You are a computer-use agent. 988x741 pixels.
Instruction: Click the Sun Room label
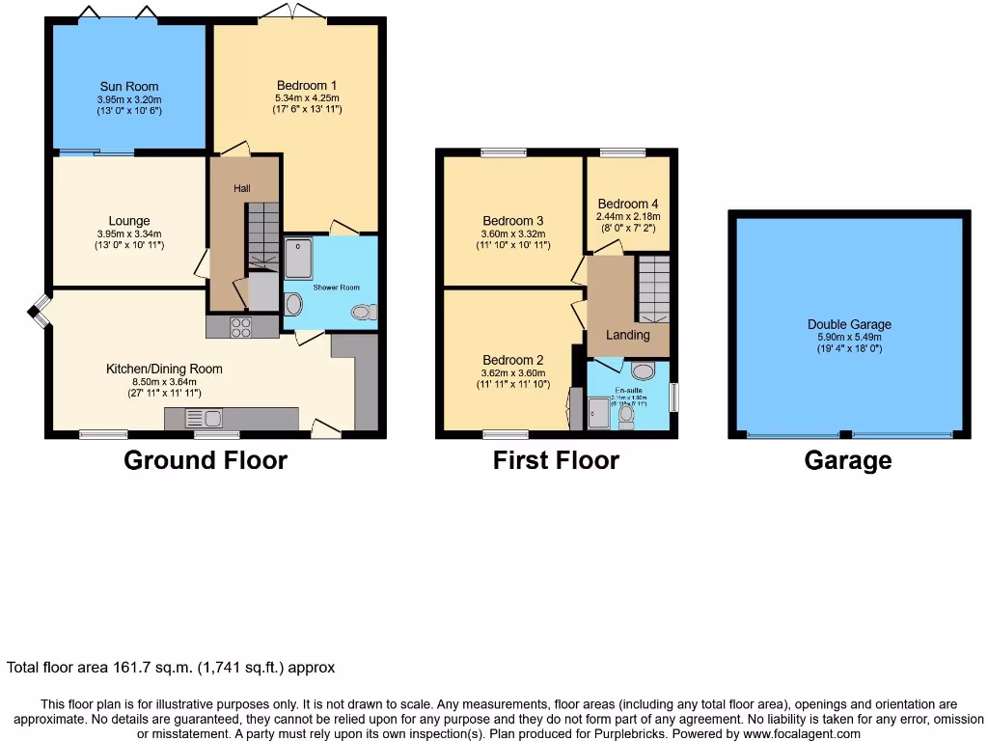128,87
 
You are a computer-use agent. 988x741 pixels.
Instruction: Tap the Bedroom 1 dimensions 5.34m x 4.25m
307,97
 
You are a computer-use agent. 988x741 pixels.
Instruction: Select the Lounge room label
128,221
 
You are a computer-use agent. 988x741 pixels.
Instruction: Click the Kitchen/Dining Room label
164,369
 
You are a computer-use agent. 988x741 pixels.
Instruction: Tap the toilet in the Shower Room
364,312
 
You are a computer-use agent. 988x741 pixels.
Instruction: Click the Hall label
241,188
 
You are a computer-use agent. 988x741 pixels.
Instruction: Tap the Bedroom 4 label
628,204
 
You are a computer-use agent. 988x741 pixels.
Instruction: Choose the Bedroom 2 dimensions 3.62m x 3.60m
513,373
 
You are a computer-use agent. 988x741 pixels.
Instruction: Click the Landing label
627,335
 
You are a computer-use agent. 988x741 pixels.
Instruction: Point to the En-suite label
628,389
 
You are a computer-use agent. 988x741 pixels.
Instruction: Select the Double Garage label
849,325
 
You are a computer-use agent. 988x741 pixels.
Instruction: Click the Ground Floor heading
206,460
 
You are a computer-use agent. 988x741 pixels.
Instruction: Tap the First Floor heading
556,460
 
